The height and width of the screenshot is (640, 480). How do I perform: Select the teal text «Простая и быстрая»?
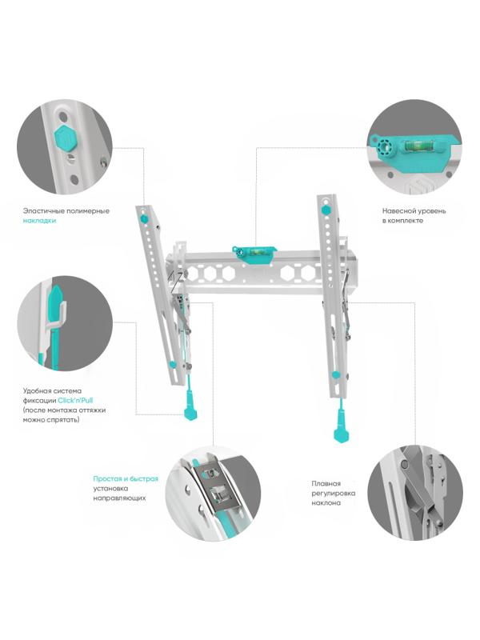click(x=126, y=479)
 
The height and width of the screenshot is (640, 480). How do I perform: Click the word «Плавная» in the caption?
click(x=326, y=484)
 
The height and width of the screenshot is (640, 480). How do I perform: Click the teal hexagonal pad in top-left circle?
click(x=65, y=138)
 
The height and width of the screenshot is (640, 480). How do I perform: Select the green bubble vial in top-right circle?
click(x=417, y=146)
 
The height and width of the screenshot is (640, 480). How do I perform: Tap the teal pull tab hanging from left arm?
click(x=190, y=409)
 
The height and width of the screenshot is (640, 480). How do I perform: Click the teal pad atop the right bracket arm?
click(x=326, y=210)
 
